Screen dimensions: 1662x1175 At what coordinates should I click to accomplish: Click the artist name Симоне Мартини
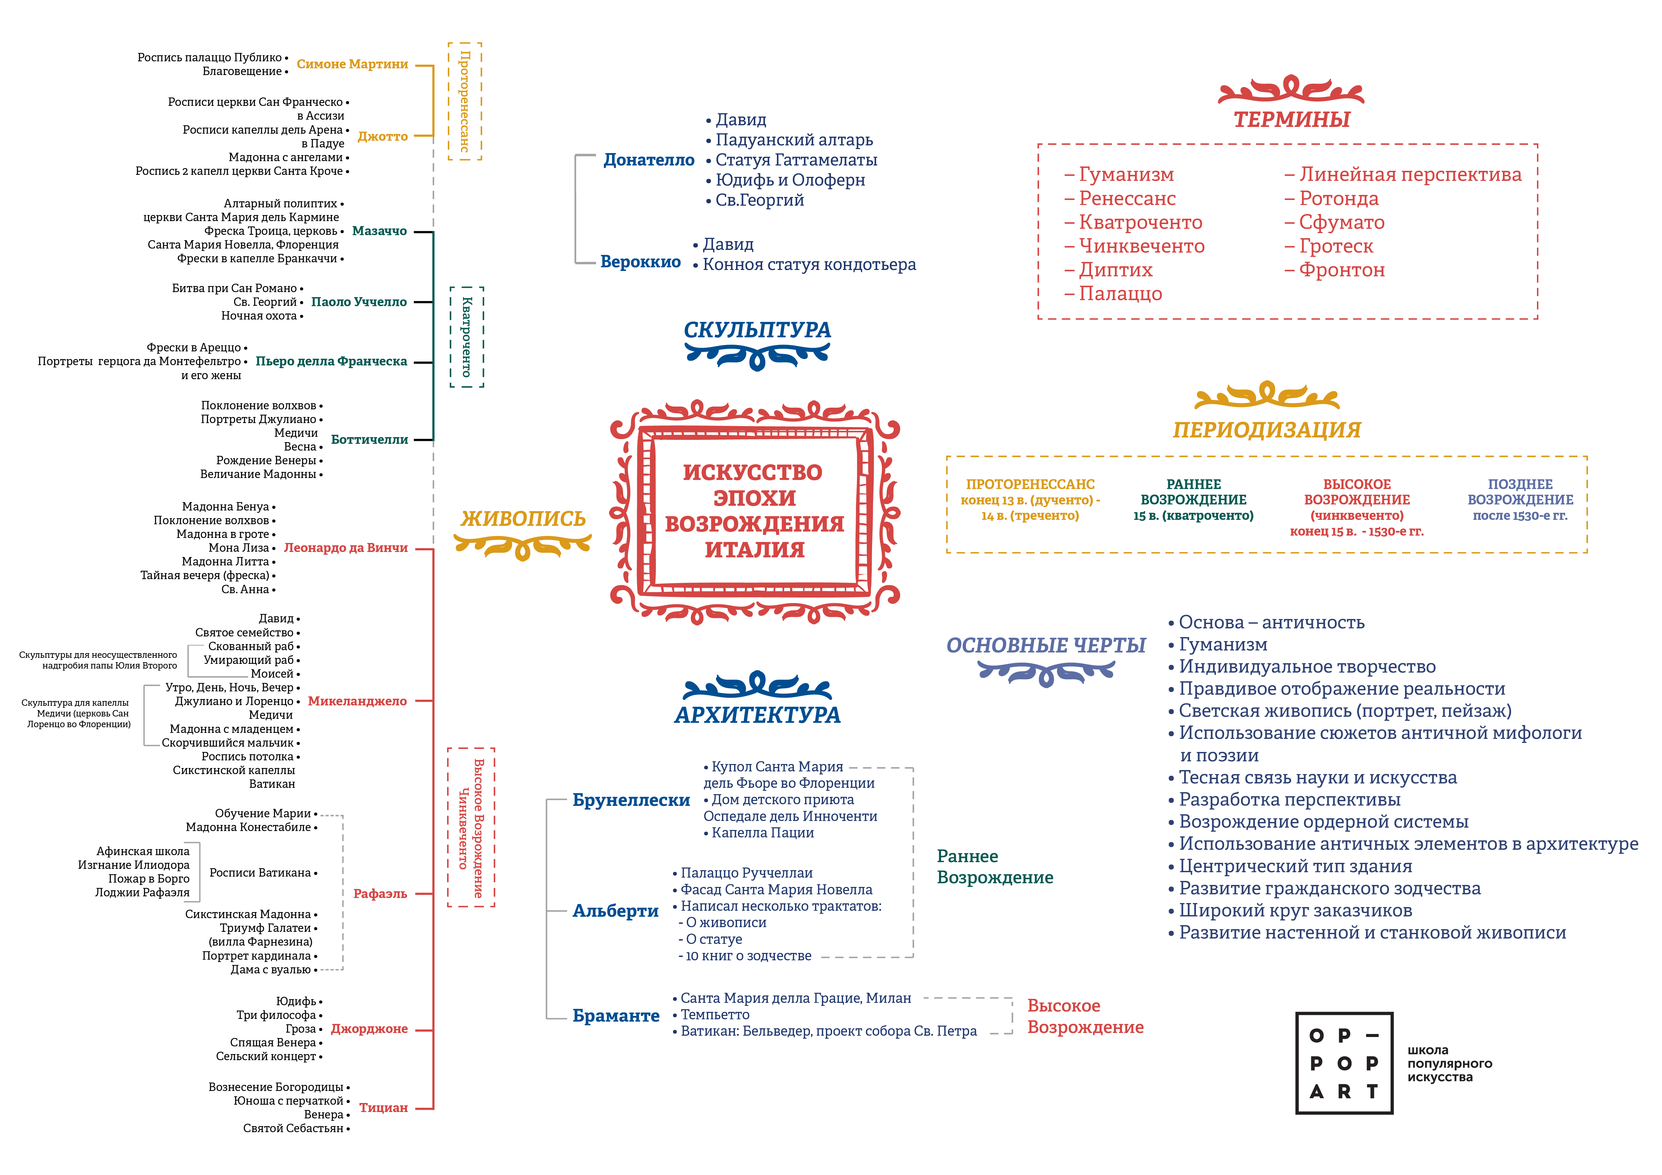(x=352, y=64)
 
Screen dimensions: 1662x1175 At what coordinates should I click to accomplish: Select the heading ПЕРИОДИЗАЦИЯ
(x=1267, y=430)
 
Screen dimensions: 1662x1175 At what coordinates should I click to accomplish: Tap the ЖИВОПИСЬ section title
(x=523, y=519)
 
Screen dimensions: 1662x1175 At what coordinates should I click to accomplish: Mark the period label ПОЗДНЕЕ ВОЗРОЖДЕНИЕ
(x=1520, y=492)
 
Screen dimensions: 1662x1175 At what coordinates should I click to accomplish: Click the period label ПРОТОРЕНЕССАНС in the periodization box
(x=1030, y=484)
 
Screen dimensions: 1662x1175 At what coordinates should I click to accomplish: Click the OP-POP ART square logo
(x=1344, y=1063)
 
